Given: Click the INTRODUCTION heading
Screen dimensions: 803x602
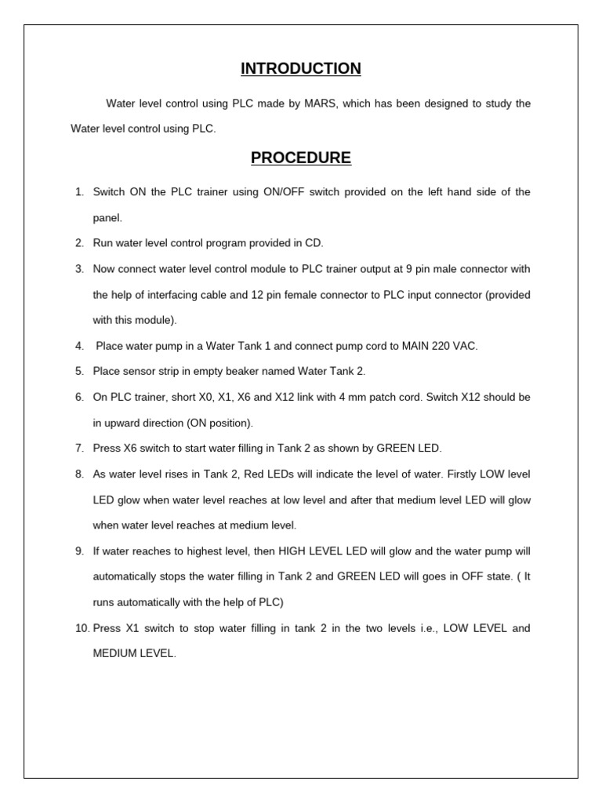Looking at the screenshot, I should tap(301, 69).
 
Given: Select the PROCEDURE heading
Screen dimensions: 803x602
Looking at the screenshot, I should tap(301, 158).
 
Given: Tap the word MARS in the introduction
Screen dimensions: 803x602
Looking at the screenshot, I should tap(321, 104).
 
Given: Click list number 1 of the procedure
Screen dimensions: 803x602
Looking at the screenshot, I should tap(79, 192).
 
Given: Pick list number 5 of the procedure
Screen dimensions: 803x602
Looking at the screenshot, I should tap(79, 372).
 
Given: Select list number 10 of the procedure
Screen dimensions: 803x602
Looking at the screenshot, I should tap(82, 629).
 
